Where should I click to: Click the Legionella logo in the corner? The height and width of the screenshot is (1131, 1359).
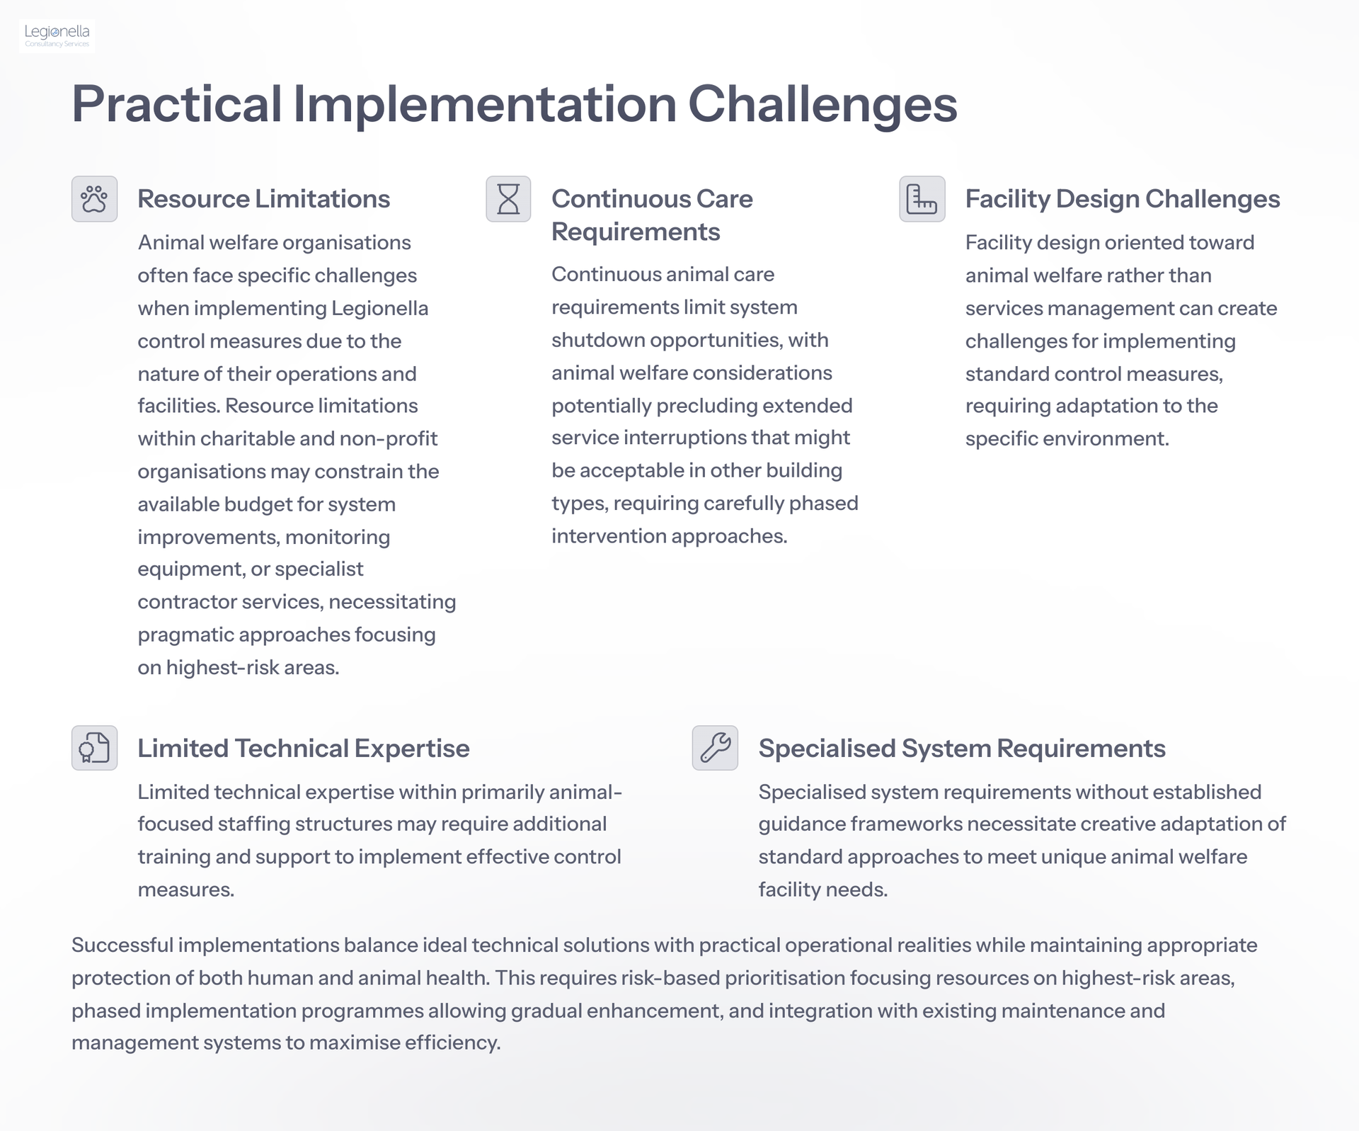point(57,35)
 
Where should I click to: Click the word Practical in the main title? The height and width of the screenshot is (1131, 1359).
point(177,105)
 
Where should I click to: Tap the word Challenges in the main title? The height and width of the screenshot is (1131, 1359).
point(822,105)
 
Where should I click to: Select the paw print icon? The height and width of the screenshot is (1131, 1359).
point(94,199)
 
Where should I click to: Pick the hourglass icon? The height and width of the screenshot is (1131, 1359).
point(508,199)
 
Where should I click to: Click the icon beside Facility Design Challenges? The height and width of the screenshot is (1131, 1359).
point(922,199)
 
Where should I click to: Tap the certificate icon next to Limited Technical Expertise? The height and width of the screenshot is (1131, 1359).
point(94,748)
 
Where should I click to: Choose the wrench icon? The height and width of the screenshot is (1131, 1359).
point(715,748)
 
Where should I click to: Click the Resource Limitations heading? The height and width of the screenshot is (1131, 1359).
point(263,199)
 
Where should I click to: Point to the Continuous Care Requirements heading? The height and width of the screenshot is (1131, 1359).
point(652,215)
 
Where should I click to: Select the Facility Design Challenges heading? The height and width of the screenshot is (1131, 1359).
point(1123,199)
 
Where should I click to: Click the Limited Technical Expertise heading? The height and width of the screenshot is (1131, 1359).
point(304,749)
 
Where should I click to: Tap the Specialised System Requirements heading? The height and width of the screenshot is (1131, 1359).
point(962,749)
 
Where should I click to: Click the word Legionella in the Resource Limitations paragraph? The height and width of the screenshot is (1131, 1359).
point(379,309)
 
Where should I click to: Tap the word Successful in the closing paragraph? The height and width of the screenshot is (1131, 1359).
point(122,945)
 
